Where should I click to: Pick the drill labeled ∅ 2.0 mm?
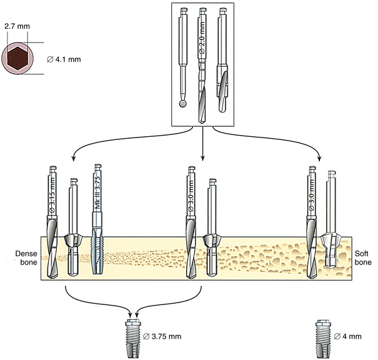[203, 69]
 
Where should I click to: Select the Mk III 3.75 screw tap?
[96, 219]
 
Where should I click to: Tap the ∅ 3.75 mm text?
[162, 337]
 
